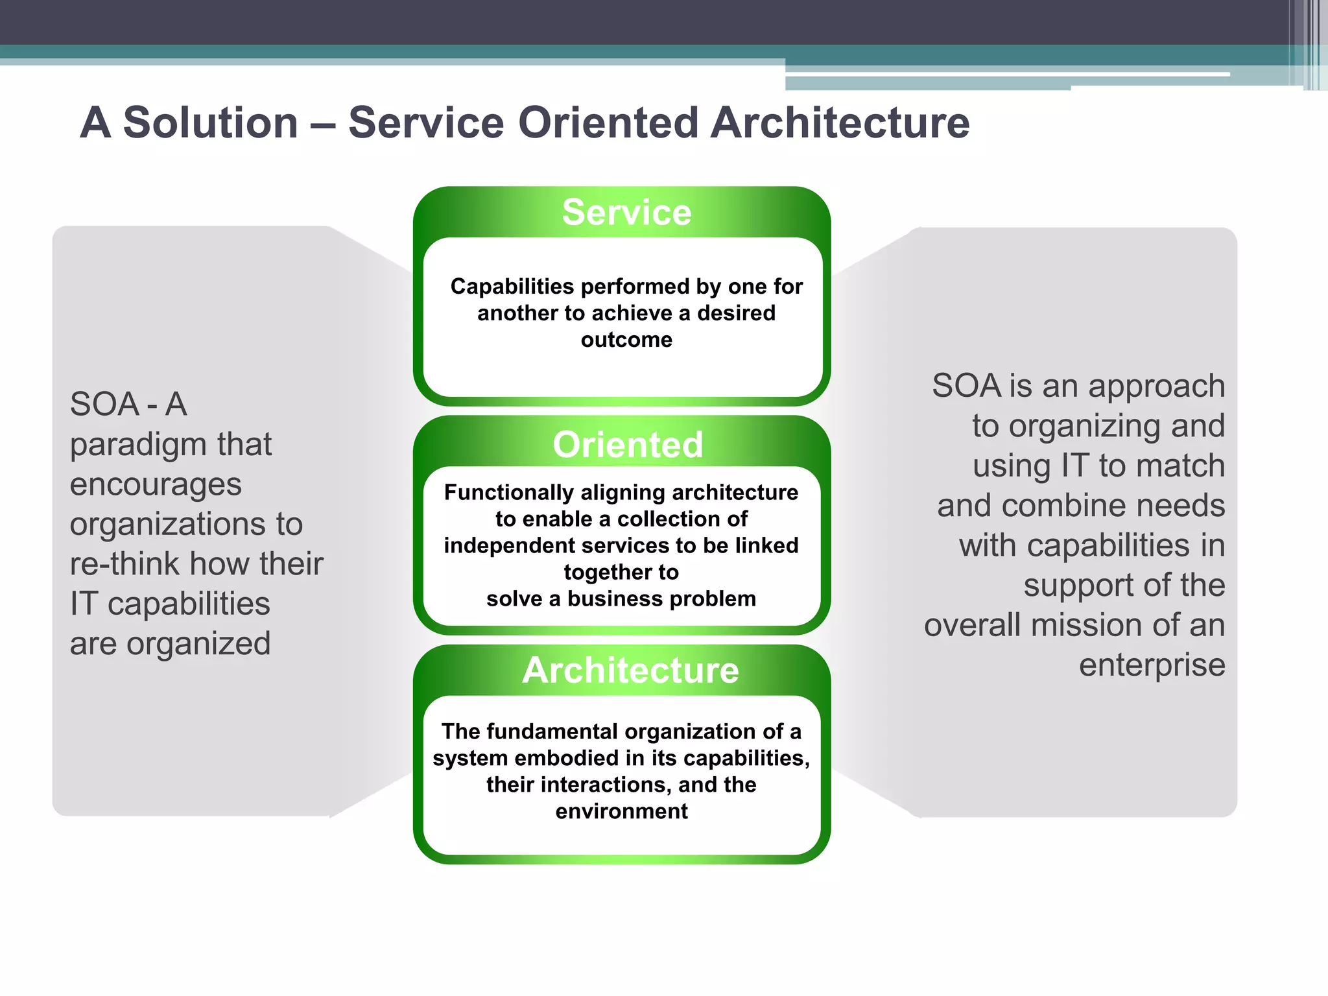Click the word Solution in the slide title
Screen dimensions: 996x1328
(x=210, y=123)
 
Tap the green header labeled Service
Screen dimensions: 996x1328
(x=626, y=213)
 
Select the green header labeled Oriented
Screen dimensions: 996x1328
(x=627, y=445)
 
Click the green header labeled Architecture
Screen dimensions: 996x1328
(x=630, y=670)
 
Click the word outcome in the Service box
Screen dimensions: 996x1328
(x=626, y=340)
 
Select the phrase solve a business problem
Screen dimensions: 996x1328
(x=621, y=599)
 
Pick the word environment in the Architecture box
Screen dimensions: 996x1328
(x=621, y=811)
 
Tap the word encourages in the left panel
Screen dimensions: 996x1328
(x=156, y=485)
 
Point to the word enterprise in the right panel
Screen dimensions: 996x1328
(x=1152, y=665)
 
